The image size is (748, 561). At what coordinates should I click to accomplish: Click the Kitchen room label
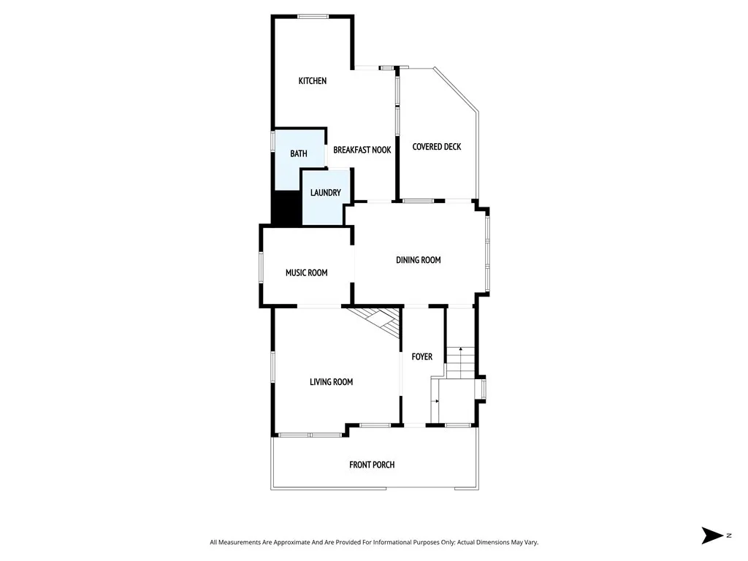312,81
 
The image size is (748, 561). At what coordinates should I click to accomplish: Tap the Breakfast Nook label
362,150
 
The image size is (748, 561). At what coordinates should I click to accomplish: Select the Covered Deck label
436,147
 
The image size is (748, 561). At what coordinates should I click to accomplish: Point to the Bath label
298,154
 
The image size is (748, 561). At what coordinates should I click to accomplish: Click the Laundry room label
325,193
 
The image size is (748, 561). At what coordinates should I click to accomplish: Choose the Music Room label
306,273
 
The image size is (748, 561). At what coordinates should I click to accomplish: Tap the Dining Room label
418,260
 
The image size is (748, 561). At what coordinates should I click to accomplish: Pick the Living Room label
331,382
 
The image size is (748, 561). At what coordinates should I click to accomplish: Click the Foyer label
421,357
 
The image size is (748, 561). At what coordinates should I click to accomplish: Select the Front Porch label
372,465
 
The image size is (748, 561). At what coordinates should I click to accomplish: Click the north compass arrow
711,535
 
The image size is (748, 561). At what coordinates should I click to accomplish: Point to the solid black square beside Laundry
286,208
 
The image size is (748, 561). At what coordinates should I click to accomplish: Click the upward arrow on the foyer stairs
461,351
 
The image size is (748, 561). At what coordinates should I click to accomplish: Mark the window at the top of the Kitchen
312,16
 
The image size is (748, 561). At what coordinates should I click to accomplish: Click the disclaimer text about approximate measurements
373,542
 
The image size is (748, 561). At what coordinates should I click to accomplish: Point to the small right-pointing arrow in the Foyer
436,402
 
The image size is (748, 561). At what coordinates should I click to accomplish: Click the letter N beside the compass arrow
728,535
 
